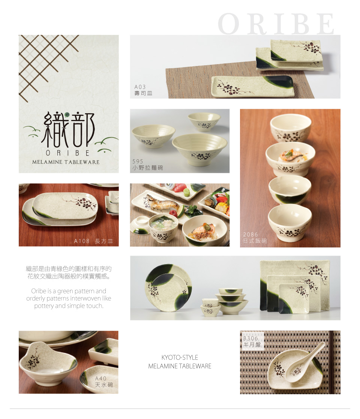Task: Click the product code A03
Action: [x=140, y=87]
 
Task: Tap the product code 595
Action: [x=138, y=162]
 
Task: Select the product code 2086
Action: [x=250, y=234]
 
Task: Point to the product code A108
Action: [x=82, y=241]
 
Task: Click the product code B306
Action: [x=250, y=338]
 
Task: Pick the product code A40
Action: [x=100, y=379]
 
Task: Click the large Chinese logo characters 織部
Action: [x=68, y=130]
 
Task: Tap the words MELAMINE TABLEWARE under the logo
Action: [x=66, y=162]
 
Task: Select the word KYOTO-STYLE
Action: [x=180, y=358]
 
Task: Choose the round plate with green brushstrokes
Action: [x=168, y=288]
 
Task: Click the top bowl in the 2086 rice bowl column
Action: [x=291, y=128]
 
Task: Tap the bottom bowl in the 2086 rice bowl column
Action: [x=290, y=223]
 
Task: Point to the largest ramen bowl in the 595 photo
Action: [x=199, y=149]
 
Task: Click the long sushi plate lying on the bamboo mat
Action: [x=252, y=86]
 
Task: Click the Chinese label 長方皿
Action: [x=104, y=241]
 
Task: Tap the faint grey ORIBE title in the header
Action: [x=276, y=24]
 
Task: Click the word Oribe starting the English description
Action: [x=38, y=291]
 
